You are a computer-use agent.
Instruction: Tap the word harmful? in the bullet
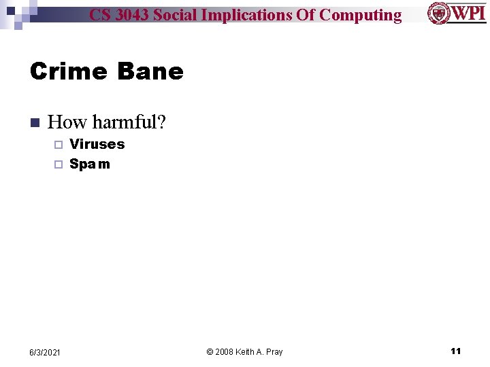[129, 122]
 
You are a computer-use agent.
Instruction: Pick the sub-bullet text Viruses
[97, 144]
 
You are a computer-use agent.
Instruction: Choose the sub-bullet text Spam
[90, 164]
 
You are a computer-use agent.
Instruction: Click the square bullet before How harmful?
[35, 123]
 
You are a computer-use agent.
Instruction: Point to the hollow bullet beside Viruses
[58, 145]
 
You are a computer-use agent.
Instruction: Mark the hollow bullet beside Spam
[58, 164]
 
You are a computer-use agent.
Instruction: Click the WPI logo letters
[469, 13]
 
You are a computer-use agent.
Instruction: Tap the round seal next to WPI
[439, 13]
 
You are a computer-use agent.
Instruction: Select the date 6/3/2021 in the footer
[45, 352]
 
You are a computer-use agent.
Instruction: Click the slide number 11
[456, 351]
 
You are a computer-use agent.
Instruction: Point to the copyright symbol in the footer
[210, 351]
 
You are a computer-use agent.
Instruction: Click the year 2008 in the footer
[225, 351]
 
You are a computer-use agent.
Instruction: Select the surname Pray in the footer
[274, 351]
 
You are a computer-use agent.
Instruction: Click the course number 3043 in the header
[131, 15]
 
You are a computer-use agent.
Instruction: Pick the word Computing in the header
[360, 15]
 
